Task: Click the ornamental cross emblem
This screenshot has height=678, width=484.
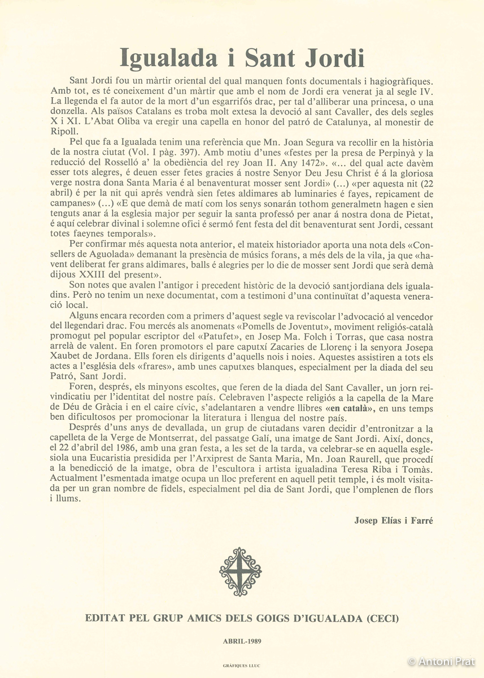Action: [241, 572]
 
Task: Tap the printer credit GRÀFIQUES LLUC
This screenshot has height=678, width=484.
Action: [242, 667]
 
